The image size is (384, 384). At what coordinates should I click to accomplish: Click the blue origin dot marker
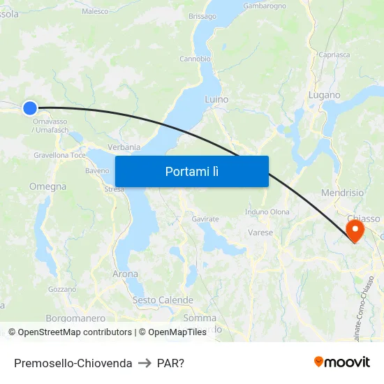(x=29, y=108)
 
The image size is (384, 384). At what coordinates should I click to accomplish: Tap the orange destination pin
(x=355, y=230)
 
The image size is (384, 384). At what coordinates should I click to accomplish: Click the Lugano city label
(x=325, y=95)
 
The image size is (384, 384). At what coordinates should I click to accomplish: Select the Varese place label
(x=260, y=232)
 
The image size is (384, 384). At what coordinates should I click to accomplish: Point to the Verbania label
(x=124, y=147)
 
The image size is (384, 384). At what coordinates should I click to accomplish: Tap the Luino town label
(x=216, y=100)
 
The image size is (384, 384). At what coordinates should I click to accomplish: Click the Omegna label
(x=48, y=186)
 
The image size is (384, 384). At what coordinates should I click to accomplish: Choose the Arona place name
(x=126, y=274)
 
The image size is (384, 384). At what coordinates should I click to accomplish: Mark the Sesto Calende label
(x=163, y=300)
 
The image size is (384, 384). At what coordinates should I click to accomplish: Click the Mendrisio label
(x=342, y=193)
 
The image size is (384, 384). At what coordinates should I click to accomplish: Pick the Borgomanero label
(x=75, y=318)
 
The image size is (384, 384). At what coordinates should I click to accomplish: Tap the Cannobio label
(x=195, y=59)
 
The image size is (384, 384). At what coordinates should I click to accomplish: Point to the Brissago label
(x=202, y=16)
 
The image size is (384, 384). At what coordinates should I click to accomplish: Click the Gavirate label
(x=205, y=219)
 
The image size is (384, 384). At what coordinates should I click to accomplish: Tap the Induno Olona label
(x=267, y=212)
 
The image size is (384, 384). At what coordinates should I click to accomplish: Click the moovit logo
(x=342, y=362)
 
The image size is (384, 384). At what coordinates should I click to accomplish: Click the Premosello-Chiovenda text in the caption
(x=73, y=363)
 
